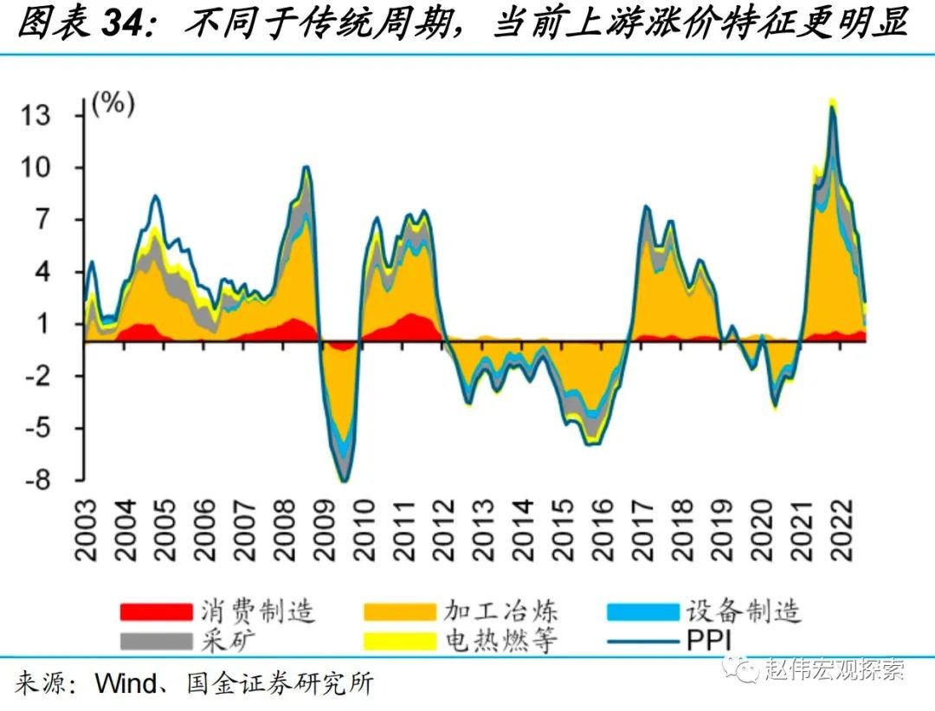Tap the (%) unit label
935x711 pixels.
coord(113,105)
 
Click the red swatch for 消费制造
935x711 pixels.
coord(156,612)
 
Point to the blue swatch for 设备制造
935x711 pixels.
coord(643,612)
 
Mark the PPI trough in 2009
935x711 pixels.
coord(345,482)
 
